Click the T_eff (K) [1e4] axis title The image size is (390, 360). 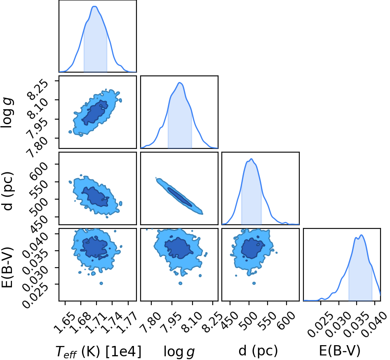click(99, 351)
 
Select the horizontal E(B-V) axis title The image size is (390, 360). click(340, 351)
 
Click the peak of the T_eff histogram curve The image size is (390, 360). click(95, 6)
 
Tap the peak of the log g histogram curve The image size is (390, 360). click(180, 82)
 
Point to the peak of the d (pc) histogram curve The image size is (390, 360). click(251, 159)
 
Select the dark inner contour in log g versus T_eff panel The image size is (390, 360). click(95, 113)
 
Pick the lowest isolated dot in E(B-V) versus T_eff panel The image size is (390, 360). click(101, 283)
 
